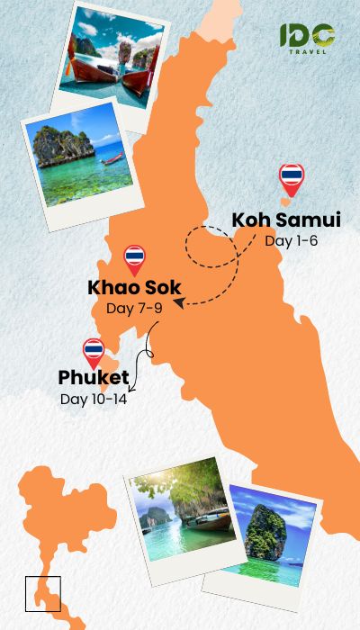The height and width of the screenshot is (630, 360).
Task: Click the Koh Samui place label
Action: point(285,220)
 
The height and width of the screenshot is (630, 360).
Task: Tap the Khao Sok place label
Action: point(134,288)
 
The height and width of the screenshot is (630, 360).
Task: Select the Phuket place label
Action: point(94,377)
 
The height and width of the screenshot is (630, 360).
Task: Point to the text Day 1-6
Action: point(291,240)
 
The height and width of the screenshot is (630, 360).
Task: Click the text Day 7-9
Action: point(134,309)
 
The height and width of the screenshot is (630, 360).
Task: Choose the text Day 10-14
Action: point(94,399)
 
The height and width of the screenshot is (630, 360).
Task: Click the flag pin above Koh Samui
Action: point(292,178)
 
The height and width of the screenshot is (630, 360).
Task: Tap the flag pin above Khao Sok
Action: point(134,259)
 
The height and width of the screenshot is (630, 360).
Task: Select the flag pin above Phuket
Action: point(93,353)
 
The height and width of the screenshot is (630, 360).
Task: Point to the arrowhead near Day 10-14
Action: point(133,389)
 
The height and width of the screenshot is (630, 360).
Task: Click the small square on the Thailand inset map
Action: point(42,593)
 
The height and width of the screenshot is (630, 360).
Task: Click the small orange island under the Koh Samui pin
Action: point(286,202)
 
